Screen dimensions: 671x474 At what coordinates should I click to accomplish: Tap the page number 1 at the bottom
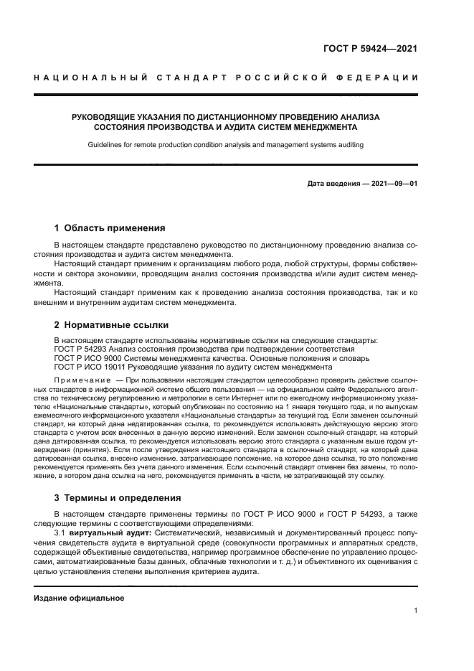415,611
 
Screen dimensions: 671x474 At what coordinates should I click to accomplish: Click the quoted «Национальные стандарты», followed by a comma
108,405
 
